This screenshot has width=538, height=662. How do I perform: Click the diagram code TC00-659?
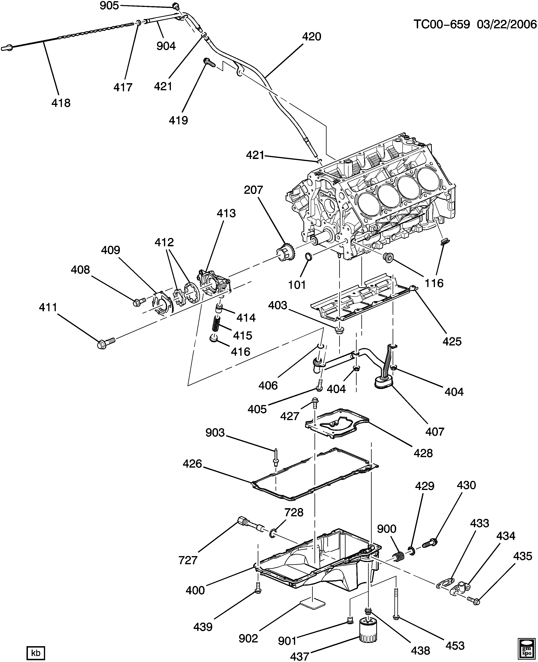click(442, 24)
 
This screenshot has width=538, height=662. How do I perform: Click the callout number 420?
click(312, 37)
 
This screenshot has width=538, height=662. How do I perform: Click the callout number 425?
click(452, 341)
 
